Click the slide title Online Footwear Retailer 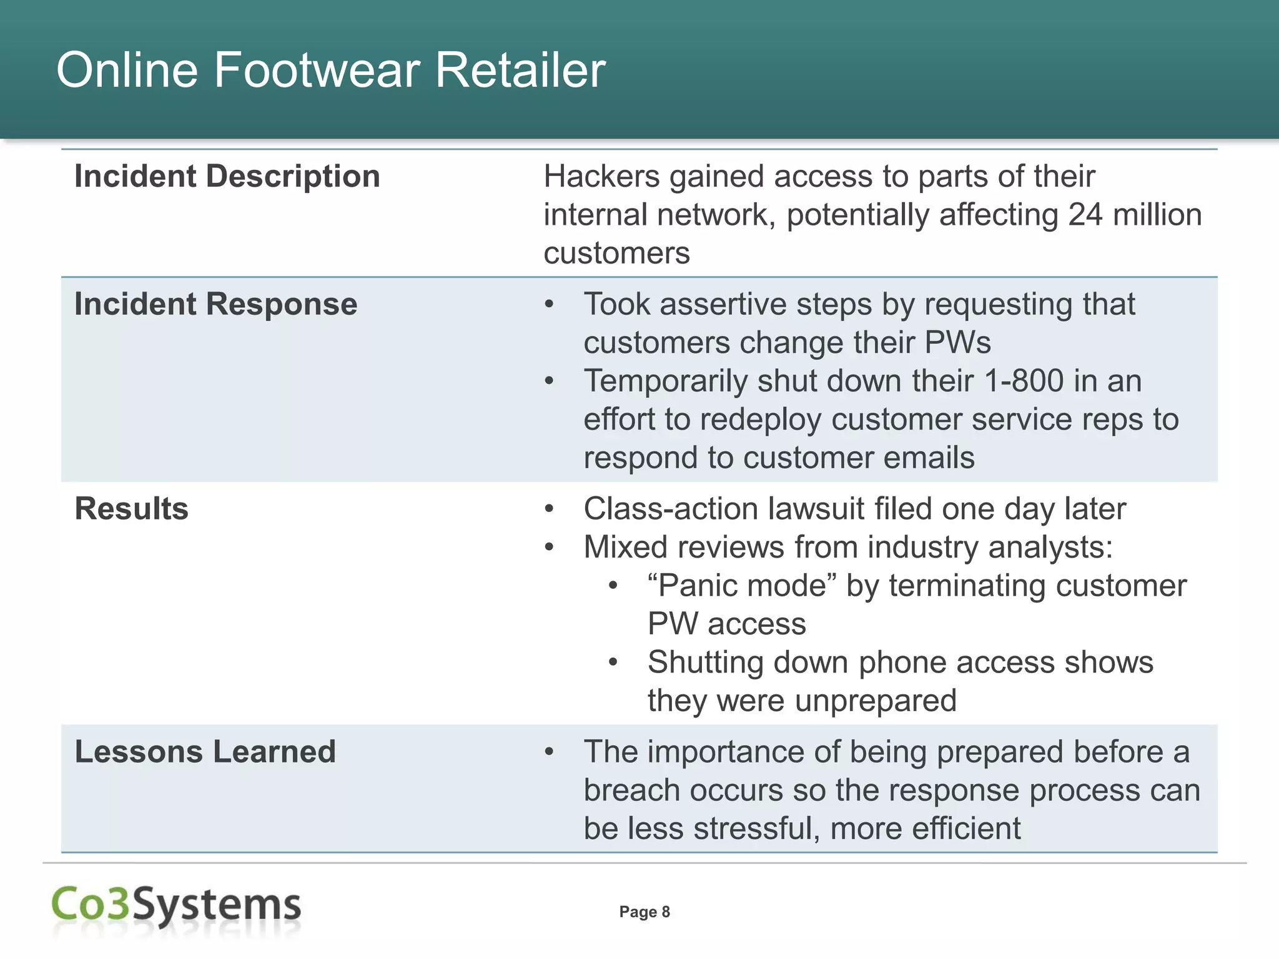[x=331, y=70]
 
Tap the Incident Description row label [x=227, y=176]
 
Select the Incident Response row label [x=215, y=304]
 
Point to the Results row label [x=131, y=508]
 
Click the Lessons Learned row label [x=205, y=751]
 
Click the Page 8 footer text [x=644, y=912]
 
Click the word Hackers [x=601, y=177]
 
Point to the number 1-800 [x=1024, y=381]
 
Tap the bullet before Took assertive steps [x=549, y=305]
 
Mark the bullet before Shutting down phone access [x=613, y=662]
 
